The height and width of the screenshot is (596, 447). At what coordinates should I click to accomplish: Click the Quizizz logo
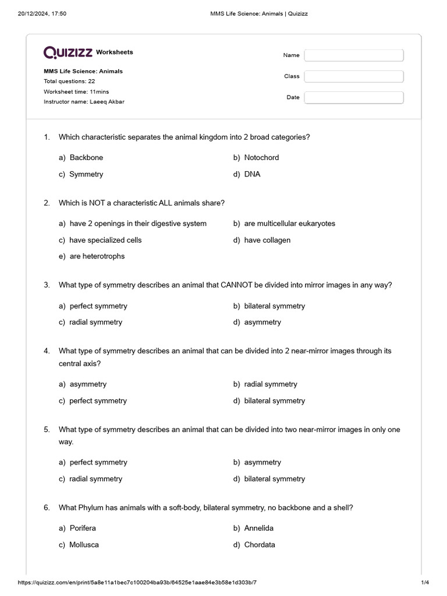[68, 52]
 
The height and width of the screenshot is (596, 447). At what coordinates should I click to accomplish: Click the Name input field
[353, 55]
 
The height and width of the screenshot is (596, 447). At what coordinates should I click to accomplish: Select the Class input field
[353, 76]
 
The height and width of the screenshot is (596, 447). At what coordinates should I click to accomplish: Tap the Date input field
[353, 97]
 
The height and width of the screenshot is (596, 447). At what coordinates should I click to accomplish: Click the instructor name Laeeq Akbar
[107, 102]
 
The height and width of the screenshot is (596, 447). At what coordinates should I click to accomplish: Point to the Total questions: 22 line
[69, 81]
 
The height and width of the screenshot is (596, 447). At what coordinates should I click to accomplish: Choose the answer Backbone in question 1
[86, 158]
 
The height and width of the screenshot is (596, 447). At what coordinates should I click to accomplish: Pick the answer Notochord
[261, 158]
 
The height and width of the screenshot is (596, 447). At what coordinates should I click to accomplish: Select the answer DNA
[252, 174]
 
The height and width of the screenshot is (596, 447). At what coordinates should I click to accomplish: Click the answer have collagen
[267, 240]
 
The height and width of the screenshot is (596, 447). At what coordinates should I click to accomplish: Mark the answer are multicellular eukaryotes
[289, 223]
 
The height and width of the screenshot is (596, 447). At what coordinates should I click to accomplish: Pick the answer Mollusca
[84, 545]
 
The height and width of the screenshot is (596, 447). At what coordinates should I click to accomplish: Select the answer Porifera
[83, 528]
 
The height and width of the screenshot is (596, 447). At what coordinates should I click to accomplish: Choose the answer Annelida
[258, 528]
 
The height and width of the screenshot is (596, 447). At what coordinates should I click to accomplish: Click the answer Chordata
[260, 545]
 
